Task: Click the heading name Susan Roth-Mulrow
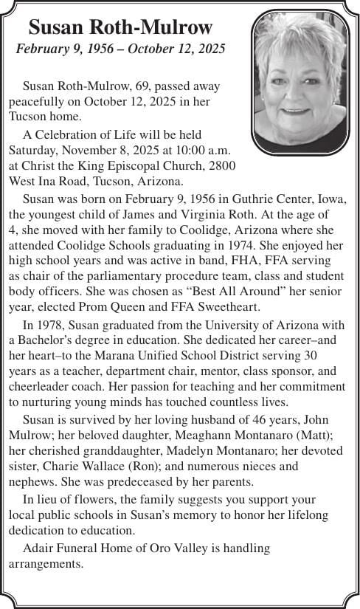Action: point(120,28)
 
